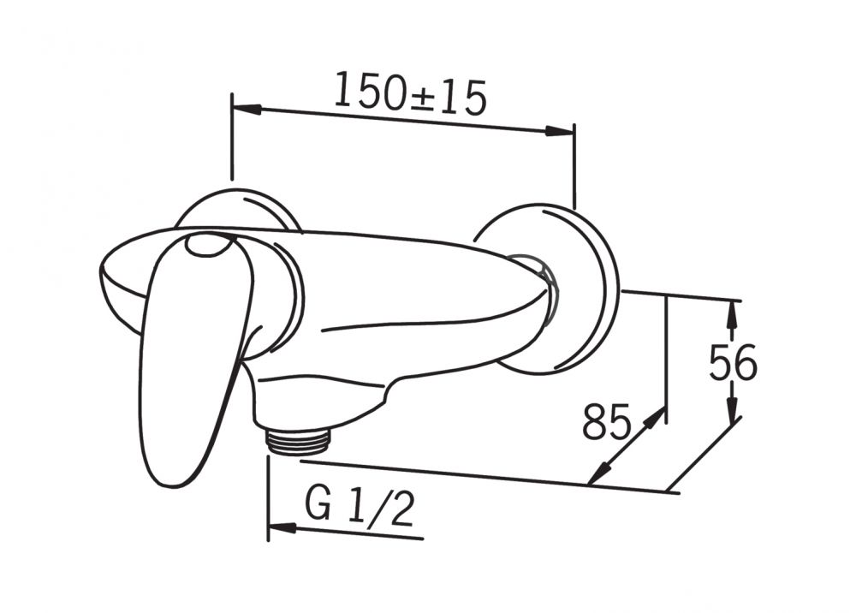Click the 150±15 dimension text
(409, 94)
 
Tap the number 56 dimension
(733, 362)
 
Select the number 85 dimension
(606, 421)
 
